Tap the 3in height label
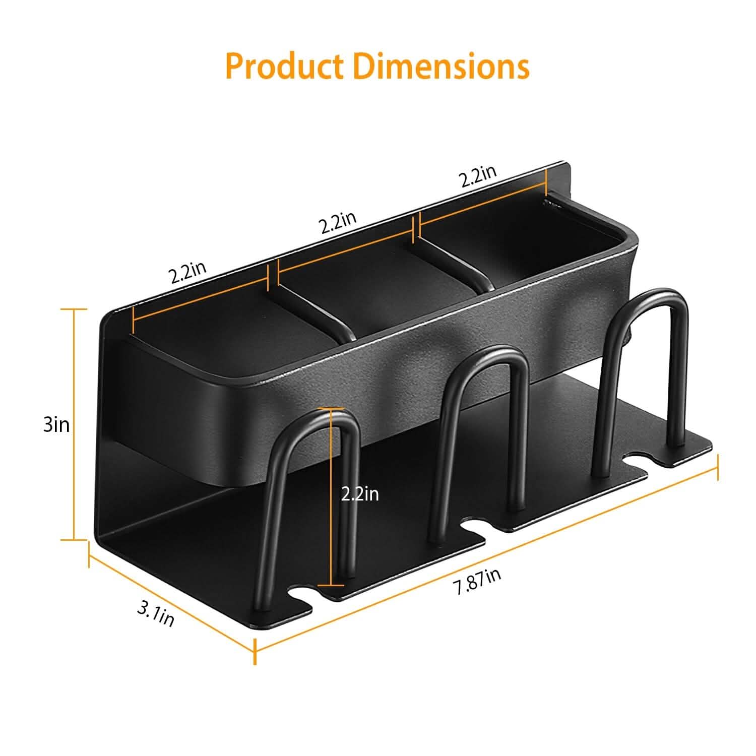pyautogui.click(x=56, y=425)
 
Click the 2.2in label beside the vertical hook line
pyautogui.click(x=360, y=494)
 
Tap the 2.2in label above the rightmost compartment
pyautogui.click(x=477, y=176)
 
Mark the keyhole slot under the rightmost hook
pyautogui.click(x=636, y=460)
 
